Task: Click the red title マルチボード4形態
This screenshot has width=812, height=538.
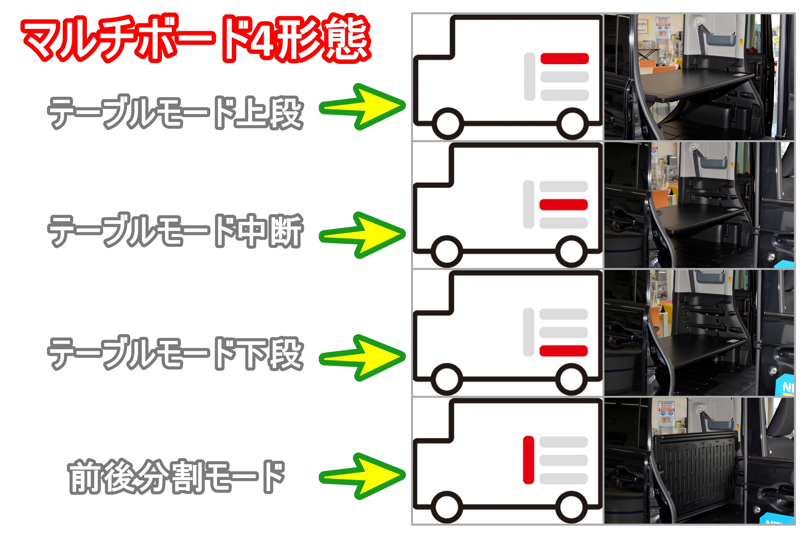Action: point(196,39)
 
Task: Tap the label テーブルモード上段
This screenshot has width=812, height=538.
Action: point(175,112)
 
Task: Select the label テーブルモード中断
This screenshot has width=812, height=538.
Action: point(175,230)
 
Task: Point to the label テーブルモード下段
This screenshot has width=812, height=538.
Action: point(175,353)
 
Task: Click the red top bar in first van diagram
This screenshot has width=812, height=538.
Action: point(564,58)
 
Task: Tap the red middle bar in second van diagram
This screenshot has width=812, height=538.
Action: point(563,205)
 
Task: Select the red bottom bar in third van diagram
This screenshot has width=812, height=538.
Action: point(563,351)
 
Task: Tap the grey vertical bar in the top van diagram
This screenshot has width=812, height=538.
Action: point(530,76)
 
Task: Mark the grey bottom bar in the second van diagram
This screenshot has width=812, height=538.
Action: point(563,223)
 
